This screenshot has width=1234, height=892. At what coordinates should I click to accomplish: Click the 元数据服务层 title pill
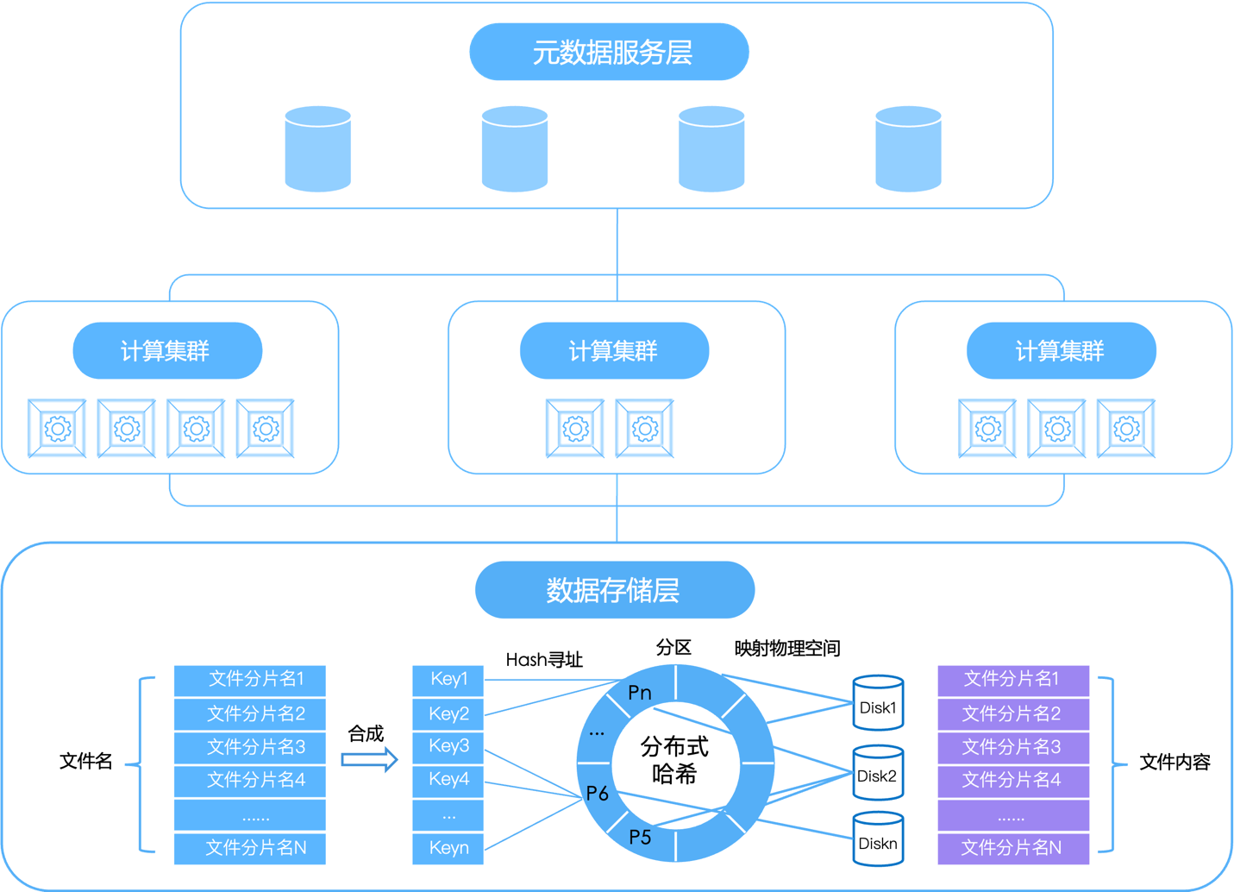tap(609, 53)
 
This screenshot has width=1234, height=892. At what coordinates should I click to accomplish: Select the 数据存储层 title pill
tap(614, 590)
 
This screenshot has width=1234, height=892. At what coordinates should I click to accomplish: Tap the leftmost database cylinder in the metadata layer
tap(318, 148)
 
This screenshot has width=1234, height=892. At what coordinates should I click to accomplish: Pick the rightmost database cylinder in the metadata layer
tap(908, 148)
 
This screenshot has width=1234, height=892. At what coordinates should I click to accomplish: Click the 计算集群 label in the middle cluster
tap(614, 351)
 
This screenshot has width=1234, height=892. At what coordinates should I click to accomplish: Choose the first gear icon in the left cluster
tap(58, 428)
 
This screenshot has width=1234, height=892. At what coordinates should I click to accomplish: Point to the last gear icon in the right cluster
tap(1125, 428)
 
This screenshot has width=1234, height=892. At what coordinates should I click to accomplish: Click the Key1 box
tap(448, 680)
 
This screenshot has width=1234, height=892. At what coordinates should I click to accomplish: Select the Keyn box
tap(448, 848)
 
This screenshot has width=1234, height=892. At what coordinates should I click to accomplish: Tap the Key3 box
tap(448, 746)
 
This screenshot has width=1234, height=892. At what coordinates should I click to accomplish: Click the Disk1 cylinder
tap(878, 704)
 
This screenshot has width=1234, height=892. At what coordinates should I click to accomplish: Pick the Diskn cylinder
tap(878, 839)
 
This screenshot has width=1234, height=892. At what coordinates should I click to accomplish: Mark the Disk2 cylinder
tap(878, 773)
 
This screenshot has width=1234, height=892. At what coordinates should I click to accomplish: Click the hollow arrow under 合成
tap(369, 760)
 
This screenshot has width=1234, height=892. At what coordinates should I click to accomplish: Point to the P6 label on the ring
tap(598, 794)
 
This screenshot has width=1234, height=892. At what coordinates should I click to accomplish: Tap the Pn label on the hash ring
tap(640, 693)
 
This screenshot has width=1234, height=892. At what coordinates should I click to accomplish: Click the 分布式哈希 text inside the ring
tap(674, 760)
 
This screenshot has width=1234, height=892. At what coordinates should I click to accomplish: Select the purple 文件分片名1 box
tap(1012, 680)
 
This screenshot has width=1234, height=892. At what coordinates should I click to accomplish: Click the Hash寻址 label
tap(544, 660)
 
